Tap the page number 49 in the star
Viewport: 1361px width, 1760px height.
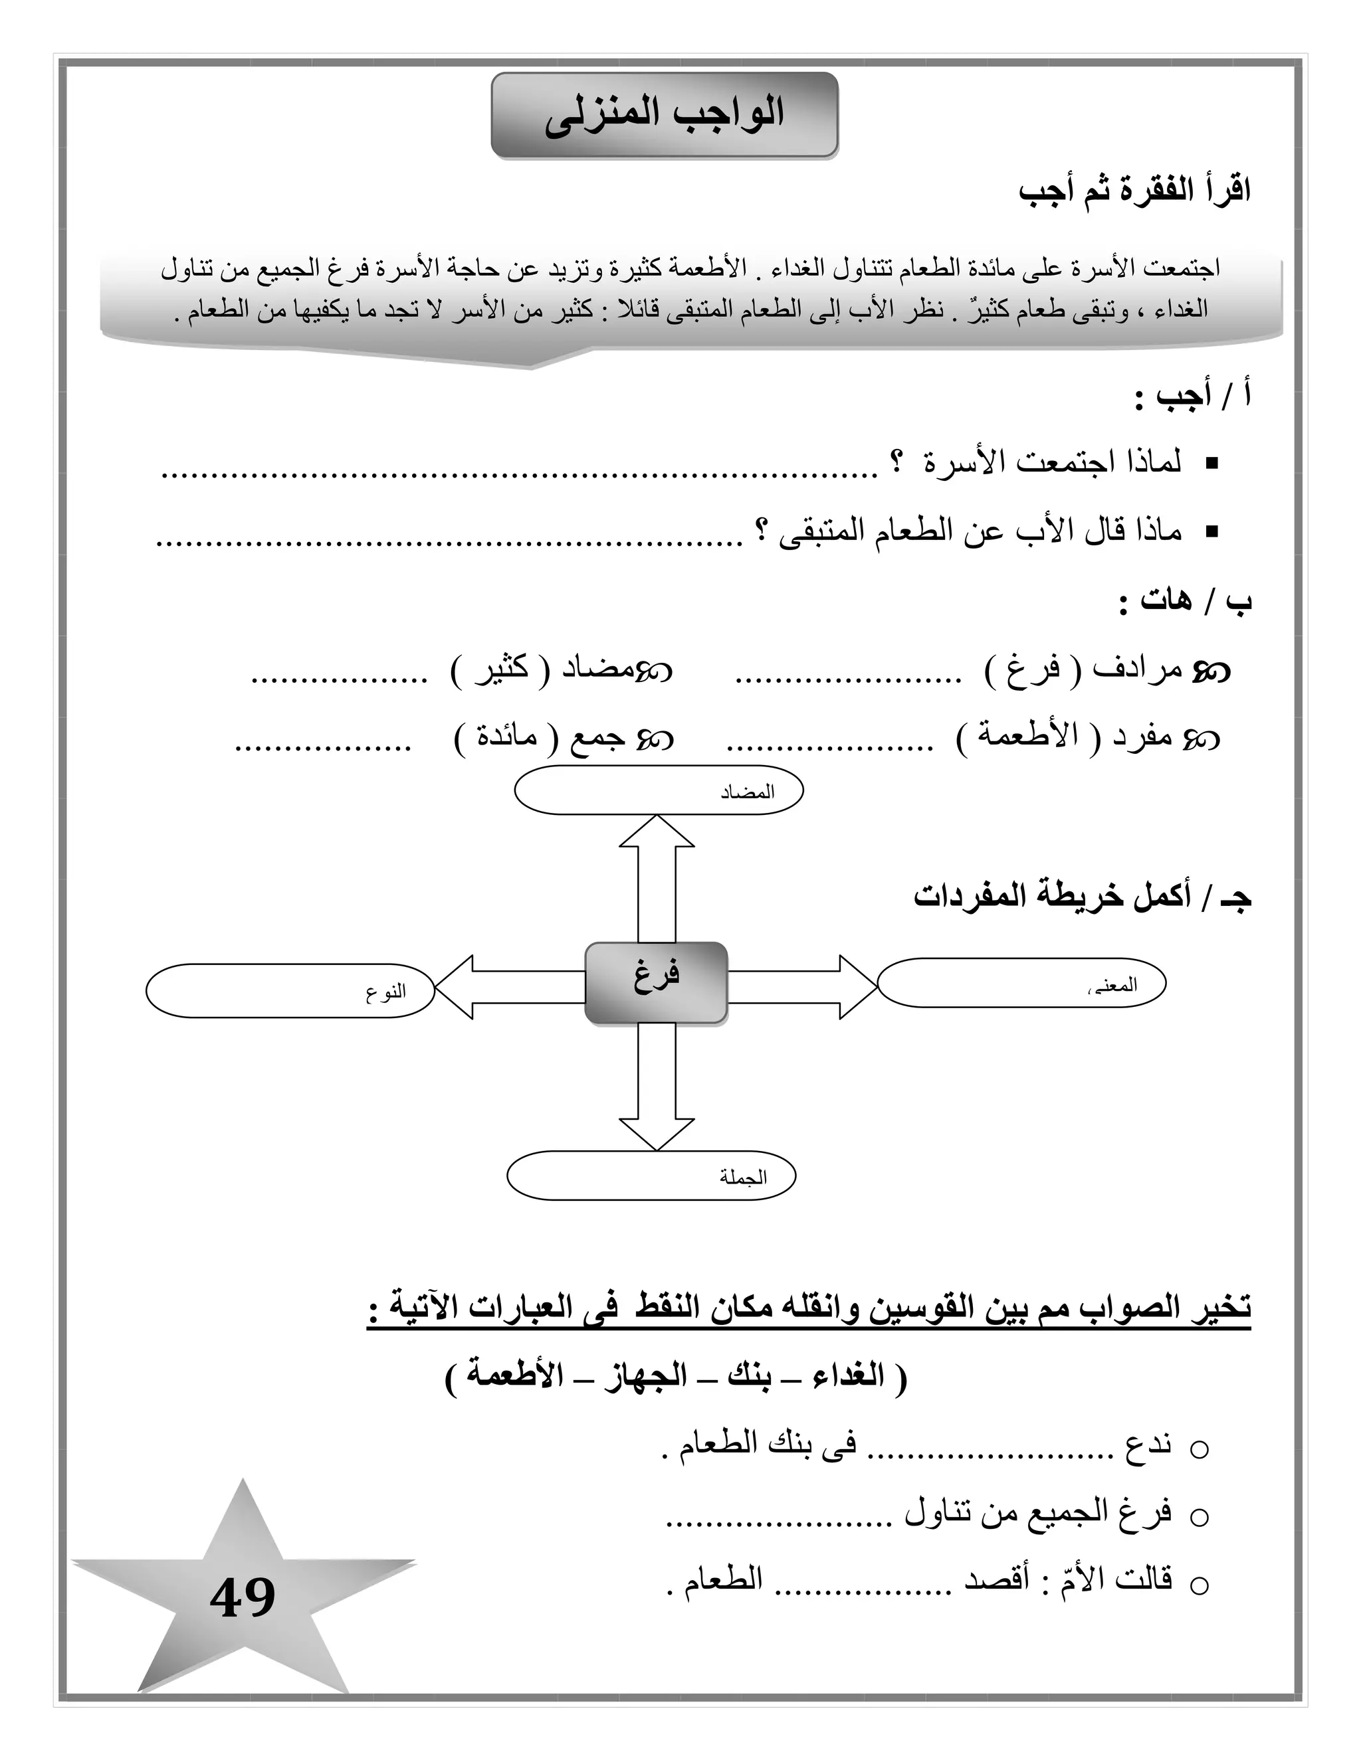point(243,1598)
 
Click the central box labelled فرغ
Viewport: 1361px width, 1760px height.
point(655,983)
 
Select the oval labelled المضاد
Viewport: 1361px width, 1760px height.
point(659,790)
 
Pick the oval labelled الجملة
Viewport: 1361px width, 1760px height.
point(651,1177)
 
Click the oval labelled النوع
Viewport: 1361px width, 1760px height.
point(290,990)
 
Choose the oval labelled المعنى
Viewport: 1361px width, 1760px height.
point(1021,983)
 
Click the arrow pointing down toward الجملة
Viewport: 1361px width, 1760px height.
point(657,1088)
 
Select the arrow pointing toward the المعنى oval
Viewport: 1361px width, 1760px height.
point(802,987)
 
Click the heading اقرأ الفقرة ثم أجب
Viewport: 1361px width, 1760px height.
point(1134,193)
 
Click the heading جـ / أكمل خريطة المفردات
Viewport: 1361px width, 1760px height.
point(1082,897)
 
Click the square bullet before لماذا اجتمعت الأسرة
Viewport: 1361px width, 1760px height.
point(1211,464)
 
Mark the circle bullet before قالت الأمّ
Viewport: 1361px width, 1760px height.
point(1199,1586)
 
